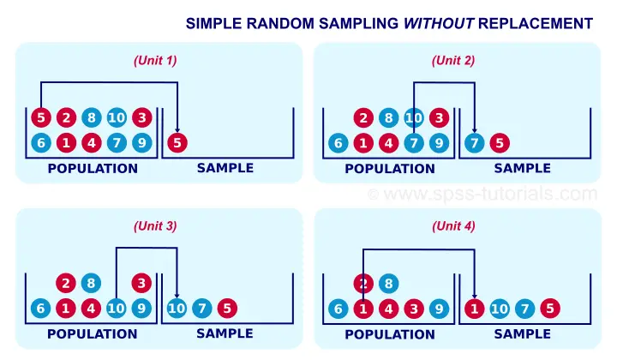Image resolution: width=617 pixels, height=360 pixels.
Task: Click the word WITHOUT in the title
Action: [439, 24]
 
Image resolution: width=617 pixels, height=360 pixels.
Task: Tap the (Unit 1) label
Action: [155, 61]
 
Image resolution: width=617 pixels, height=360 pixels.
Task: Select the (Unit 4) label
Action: [453, 226]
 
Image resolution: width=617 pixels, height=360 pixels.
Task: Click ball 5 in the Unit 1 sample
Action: [177, 143]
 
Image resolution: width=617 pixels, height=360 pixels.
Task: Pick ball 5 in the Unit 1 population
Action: [41, 117]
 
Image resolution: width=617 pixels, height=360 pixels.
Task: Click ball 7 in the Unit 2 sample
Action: [475, 143]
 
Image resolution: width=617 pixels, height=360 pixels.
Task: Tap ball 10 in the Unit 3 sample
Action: [177, 308]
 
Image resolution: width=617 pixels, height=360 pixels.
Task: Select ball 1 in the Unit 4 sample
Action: [475, 309]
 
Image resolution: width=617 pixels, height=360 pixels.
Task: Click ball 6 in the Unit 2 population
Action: [338, 143]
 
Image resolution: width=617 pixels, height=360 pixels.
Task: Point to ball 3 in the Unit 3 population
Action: [141, 283]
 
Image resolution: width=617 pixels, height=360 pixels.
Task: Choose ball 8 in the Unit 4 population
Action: [388, 283]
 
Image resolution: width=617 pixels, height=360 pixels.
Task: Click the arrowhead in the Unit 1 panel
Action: [177, 129]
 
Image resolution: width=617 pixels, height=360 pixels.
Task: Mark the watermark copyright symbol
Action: [373, 195]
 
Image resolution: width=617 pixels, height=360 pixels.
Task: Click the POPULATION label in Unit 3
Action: [93, 334]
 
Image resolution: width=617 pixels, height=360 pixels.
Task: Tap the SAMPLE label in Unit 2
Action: [522, 168]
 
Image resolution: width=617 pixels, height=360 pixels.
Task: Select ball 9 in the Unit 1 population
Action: [141, 143]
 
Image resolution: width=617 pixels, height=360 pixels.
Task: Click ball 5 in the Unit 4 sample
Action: [550, 309]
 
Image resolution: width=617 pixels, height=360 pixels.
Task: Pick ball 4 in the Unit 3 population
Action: [91, 308]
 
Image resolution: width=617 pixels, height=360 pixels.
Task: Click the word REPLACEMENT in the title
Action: [536, 24]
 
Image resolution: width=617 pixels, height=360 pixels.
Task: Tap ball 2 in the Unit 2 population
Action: [363, 117]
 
